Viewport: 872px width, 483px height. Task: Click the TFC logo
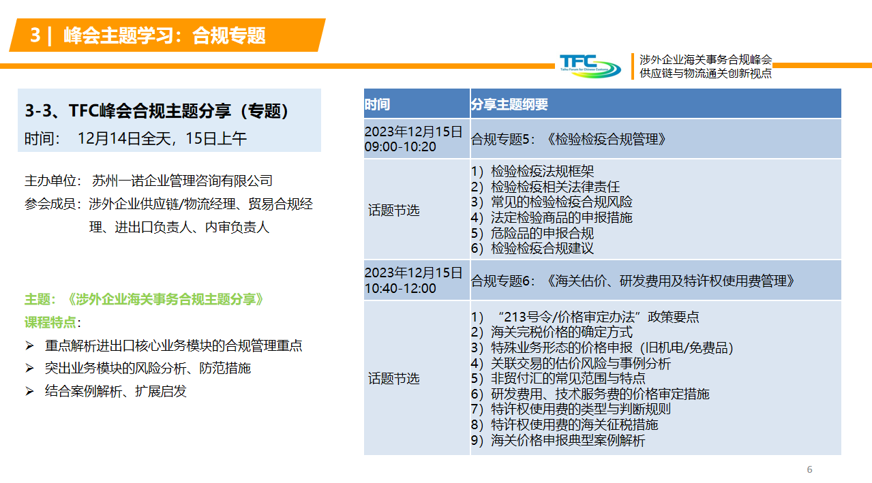coord(590,66)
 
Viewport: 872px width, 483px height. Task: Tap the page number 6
coord(809,469)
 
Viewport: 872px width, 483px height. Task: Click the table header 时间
coord(377,104)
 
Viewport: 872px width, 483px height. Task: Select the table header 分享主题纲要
coord(509,104)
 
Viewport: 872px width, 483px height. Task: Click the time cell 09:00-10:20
coord(400,147)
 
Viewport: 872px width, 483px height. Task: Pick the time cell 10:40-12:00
coord(400,288)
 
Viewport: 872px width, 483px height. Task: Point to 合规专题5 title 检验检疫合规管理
coord(607,139)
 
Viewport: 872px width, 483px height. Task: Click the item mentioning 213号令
coord(585,317)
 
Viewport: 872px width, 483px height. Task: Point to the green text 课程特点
coord(50,322)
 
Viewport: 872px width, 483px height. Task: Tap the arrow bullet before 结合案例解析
coord(29,391)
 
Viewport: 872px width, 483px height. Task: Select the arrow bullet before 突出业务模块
coord(29,368)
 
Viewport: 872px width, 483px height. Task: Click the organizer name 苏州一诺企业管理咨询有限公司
coord(182,181)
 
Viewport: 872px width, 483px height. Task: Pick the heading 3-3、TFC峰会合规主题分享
coord(157,111)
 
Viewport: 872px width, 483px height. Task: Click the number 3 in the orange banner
coord(35,35)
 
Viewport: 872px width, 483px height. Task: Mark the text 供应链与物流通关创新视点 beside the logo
coord(706,73)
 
